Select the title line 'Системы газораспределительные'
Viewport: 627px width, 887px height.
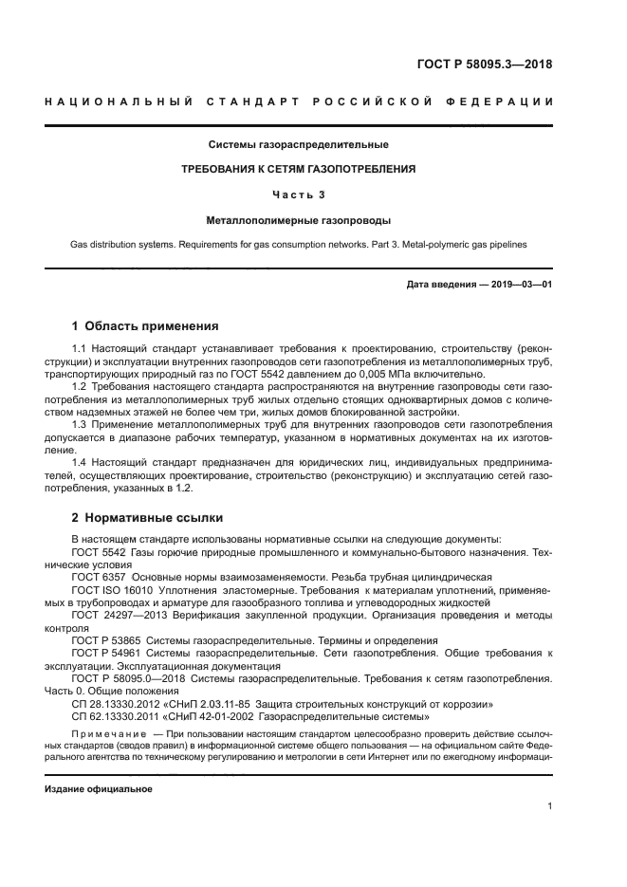[x=298, y=145]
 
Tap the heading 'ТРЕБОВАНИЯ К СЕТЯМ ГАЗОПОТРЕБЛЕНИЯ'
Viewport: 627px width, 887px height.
[x=298, y=170]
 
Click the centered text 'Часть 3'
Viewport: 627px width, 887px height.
[x=298, y=194]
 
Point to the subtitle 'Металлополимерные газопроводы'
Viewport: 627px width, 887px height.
[x=298, y=220]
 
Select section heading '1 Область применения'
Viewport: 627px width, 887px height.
[x=145, y=325]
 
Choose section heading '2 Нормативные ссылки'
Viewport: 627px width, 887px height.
[x=147, y=519]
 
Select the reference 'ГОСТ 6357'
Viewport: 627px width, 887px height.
[x=100, y=577]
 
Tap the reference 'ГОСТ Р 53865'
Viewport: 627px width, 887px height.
[x=105, y=640]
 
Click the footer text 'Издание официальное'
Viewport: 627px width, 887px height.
[x=99, y=789]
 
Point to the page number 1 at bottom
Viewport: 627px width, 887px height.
[x=549, y=806]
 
